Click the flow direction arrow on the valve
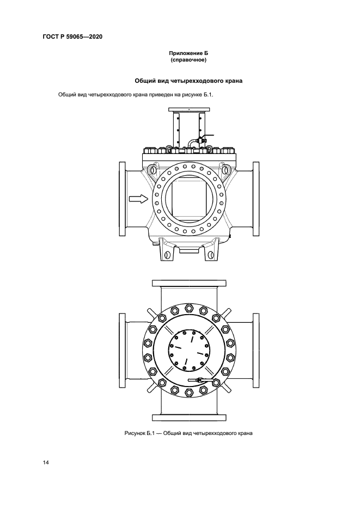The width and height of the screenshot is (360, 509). coord(138,199)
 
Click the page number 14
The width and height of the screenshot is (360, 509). coord(45,462)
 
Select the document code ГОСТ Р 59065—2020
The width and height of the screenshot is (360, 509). coord(72,36)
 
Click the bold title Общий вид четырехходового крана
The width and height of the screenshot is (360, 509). coord(188,81)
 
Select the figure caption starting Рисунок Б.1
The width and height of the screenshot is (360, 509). coord(188,433)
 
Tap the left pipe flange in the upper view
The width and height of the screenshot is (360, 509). coord(122,199)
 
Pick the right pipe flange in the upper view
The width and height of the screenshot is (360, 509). coord(256,199)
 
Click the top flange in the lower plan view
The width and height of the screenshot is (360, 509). coord(189,283)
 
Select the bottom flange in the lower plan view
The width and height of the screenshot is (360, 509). coord(189,418)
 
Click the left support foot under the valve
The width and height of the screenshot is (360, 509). coord(166,249)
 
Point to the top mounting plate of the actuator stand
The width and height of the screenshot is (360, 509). coord(189,110)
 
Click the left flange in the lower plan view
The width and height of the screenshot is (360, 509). coord(122,351)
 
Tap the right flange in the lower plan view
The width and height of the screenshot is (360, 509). coord(256,351)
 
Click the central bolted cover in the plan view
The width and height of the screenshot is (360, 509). coord(188,351)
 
